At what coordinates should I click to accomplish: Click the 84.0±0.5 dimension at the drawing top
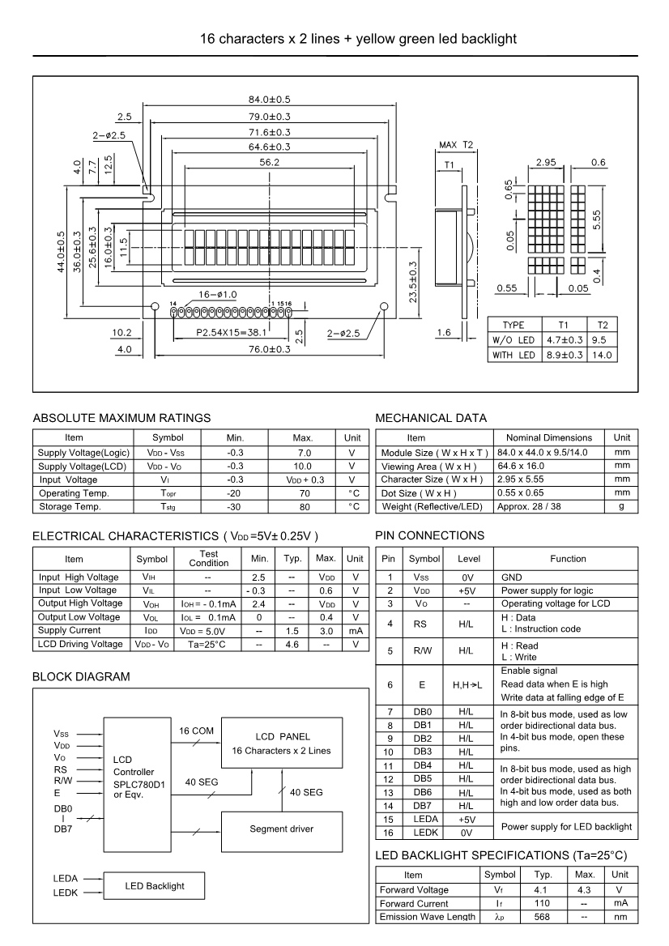click(x=268, y=99)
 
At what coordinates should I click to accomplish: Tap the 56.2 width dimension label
click(x=268, y=163)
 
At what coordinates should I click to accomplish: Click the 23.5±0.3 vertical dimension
click(x=414, y=283)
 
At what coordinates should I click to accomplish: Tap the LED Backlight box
click(x=153, y=886)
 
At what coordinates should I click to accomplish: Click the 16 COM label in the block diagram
click(x=195, y=731)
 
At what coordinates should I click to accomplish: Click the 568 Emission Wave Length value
click(x=543, y=916)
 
